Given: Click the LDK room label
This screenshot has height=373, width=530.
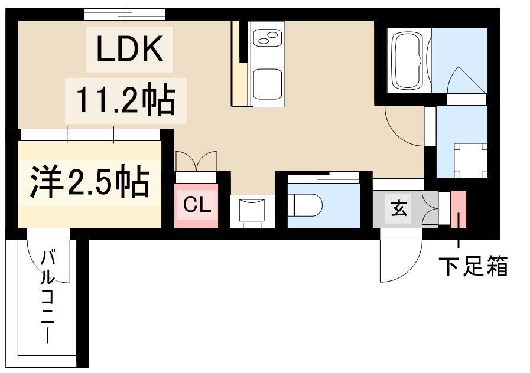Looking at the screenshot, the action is coord(129,49).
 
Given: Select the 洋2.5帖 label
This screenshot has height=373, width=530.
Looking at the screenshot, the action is coord(90,182).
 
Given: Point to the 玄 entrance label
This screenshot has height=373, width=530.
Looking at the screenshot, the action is coord(399,208).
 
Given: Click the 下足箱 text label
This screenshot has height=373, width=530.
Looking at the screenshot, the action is coord(473,266).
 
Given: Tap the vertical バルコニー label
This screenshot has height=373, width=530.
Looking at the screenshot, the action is coord(48,297).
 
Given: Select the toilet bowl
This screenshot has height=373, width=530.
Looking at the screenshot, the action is coord(305,205).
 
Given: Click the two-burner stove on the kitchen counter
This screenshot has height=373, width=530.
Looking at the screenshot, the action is coord(267,38).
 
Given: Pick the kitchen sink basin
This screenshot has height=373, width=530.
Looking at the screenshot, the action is coord(268,84).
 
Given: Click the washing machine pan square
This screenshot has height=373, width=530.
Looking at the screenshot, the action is coord(470,161).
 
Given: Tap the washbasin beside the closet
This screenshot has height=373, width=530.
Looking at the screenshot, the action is coord(252,210).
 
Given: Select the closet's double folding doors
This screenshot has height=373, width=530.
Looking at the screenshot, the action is coord(196,161).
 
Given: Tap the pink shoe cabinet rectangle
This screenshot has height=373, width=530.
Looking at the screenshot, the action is coord(459,209).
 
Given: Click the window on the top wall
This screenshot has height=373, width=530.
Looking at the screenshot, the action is coord(125,15).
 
